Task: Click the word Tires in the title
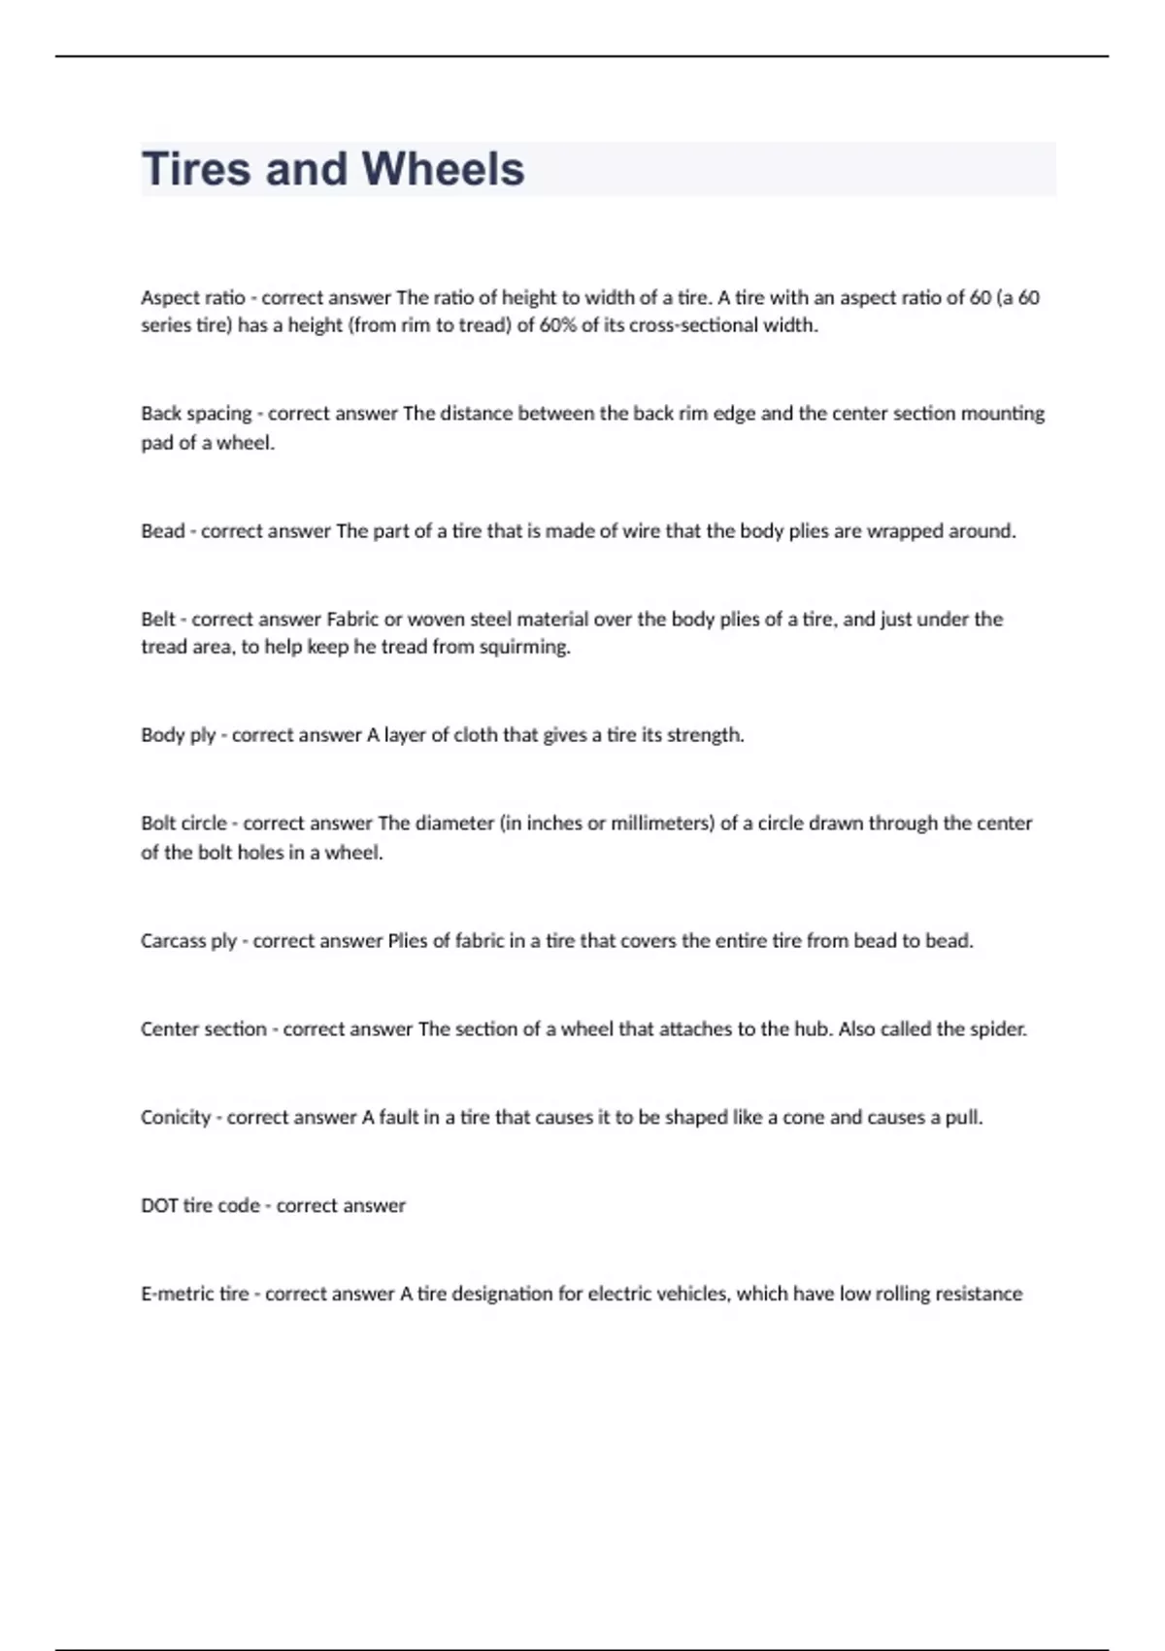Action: pyautogui.click(x=196, y=169)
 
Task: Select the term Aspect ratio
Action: pyautogui.click(x=192, y=298)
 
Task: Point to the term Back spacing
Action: pyautogui.click(x=196, y=414)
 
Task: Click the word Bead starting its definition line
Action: pyautogui.click(x=162, y=531)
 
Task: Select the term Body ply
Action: pyautogui.click(x=178, y=735)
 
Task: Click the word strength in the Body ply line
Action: pyautogui.click(x=703, y=735)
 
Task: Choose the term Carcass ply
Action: pyautogui.click(x=188, y=941)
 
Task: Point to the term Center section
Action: pyautogui.click(x=203, y=1029)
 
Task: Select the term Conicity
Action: pyautogui.click(x=176, y=1118)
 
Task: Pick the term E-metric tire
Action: pyautogui.click(x=194, y=1295)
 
